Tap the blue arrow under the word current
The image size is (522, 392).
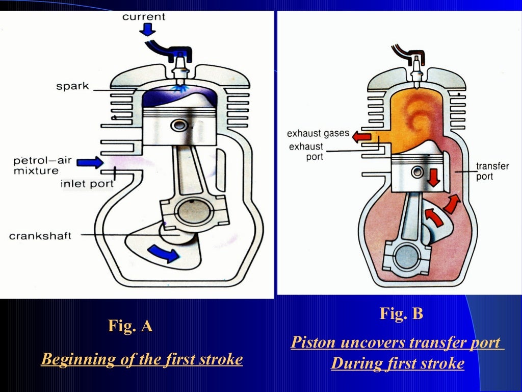[x=148, y=30]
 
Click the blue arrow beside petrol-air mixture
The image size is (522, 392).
[x=91, y=162]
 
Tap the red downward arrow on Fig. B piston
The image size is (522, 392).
[x=434, y=177]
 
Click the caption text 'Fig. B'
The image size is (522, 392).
[x=401, y=313]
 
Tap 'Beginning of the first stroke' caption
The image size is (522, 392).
[x=142, y=359]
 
